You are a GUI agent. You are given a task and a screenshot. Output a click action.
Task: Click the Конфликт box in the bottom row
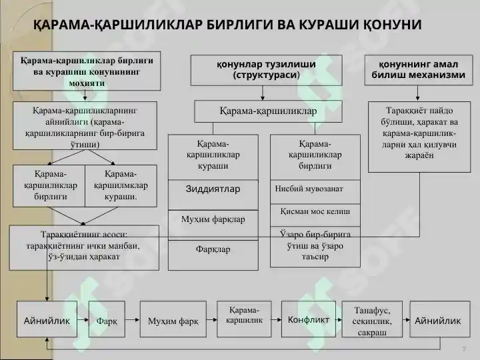(308, 319)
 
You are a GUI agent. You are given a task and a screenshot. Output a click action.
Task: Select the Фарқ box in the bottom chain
(107, 319)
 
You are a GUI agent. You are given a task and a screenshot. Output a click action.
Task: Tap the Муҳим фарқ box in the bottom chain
(173, 319)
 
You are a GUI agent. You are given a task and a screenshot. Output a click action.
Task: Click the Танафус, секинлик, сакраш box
(372, 319)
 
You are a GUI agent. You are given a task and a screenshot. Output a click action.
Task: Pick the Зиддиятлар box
(213, 195)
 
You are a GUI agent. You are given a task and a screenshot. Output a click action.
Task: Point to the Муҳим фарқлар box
(213, 225)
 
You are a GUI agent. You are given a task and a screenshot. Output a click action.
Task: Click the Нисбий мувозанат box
(315, 192)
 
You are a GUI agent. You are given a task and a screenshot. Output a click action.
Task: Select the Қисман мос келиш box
(315, 215)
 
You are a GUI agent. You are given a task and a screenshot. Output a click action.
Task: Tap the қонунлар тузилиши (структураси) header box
(266, 70)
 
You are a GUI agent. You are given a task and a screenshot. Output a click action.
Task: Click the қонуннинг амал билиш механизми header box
(419, 70)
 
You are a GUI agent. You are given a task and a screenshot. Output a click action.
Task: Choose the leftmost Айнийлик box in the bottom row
(47, 319)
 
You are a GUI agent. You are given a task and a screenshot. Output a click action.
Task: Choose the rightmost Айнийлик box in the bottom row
(440, 319)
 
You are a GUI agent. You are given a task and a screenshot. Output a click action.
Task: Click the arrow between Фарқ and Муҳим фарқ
(132, 320)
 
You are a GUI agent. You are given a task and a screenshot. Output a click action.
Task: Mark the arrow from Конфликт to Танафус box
(339, 320)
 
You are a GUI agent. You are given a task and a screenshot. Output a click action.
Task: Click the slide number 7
(464, 349)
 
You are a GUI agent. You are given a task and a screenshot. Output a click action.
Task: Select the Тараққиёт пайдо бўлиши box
(419, 137)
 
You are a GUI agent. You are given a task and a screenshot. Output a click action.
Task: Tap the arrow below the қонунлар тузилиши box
(263, 93)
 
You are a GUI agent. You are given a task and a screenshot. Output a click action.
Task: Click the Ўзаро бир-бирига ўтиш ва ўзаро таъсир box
(315, 247)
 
